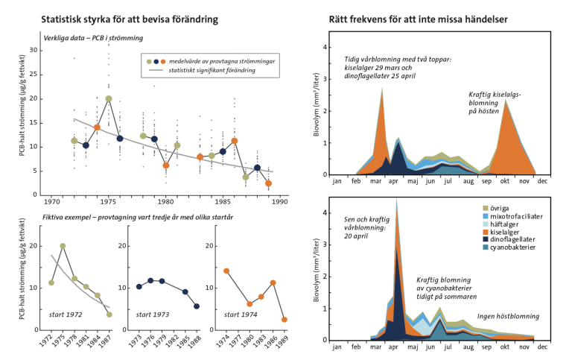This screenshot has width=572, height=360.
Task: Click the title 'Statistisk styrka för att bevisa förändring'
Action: coord(130,19)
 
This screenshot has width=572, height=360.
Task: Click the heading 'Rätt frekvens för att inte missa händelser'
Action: coord(418,19)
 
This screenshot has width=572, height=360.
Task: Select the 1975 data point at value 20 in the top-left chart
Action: coord(108,98)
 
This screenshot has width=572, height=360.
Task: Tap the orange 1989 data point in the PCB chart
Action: coord(268,183)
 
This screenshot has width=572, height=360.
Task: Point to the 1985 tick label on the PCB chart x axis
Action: coord(223,201)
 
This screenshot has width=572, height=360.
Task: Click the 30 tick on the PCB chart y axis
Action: coord(34,50)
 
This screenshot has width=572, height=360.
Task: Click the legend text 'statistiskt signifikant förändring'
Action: coord(212,70)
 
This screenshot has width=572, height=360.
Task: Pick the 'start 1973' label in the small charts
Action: coord(153,315)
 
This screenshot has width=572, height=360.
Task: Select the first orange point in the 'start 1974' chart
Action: coord(226,271)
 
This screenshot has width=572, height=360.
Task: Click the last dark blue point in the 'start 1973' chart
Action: coord(197,306)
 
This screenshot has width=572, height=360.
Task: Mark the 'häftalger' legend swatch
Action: coord(485,224)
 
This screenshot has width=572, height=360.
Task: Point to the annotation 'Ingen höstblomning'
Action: coord(508,316)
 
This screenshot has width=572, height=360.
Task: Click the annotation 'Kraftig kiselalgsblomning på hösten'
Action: coord(495,103)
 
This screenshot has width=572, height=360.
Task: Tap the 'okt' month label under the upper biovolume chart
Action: coord(505,181)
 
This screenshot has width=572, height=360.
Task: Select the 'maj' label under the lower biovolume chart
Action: coord(413,347)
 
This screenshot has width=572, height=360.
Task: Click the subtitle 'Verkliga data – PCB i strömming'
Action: coord(93,38)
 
